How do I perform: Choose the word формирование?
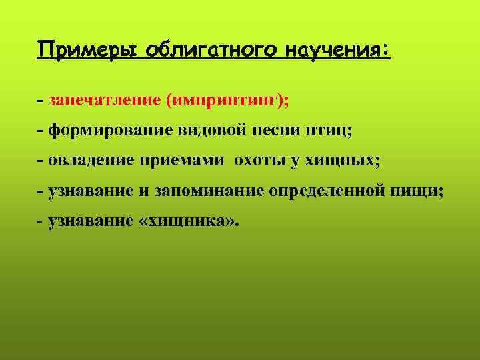click(110, 131)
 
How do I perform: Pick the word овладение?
click(91, 161)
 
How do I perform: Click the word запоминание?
click(209, 191)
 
